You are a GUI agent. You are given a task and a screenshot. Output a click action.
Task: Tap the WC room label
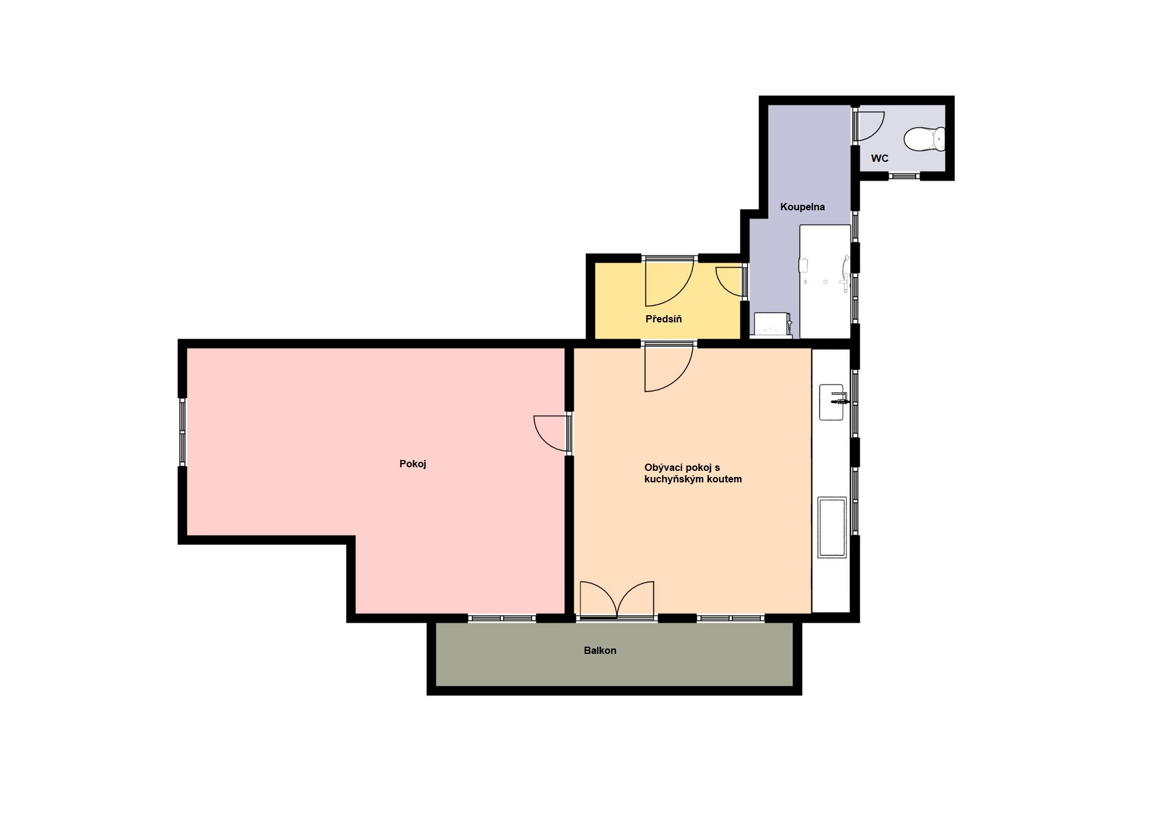pos(879,159)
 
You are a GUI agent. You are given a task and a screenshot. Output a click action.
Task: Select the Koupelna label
pos(802,207)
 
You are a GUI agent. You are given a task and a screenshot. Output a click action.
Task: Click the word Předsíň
pos(663,319)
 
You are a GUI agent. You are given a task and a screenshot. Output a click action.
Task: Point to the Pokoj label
pos(412,464)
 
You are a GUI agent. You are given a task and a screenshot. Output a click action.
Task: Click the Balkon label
pos(600,651)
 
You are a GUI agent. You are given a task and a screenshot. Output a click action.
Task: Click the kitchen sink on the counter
pos(831,402)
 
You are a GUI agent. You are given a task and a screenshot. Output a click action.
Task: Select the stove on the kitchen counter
pos(832,527)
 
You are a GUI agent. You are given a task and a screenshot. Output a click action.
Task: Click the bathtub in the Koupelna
pos(824,281)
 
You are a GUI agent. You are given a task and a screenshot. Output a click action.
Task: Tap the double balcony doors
pos(617,601)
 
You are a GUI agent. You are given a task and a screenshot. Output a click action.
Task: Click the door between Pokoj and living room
pos(552,433)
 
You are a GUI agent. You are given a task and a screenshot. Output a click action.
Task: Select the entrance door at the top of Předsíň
pos(668,282)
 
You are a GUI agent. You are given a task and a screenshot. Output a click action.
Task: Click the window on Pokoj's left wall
pos(182,431)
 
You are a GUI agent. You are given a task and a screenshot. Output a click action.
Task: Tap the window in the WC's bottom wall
pos(904,176)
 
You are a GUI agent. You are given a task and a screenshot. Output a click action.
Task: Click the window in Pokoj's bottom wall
pos(502,618)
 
